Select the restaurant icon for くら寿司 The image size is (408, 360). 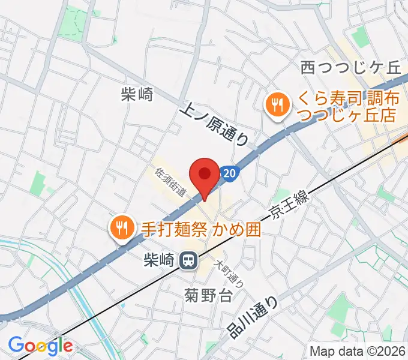(x=276, y=106)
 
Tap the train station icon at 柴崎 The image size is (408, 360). (x=190, y=260)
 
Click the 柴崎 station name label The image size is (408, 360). (x=160, y=260)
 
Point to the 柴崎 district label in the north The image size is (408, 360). (x=137, y=94)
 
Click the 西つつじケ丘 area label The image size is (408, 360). (x=350, y=67)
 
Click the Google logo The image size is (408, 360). (x=40, y=345)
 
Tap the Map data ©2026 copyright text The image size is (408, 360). (x=358, y=350)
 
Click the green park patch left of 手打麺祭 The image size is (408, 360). (x=38, y=183)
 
